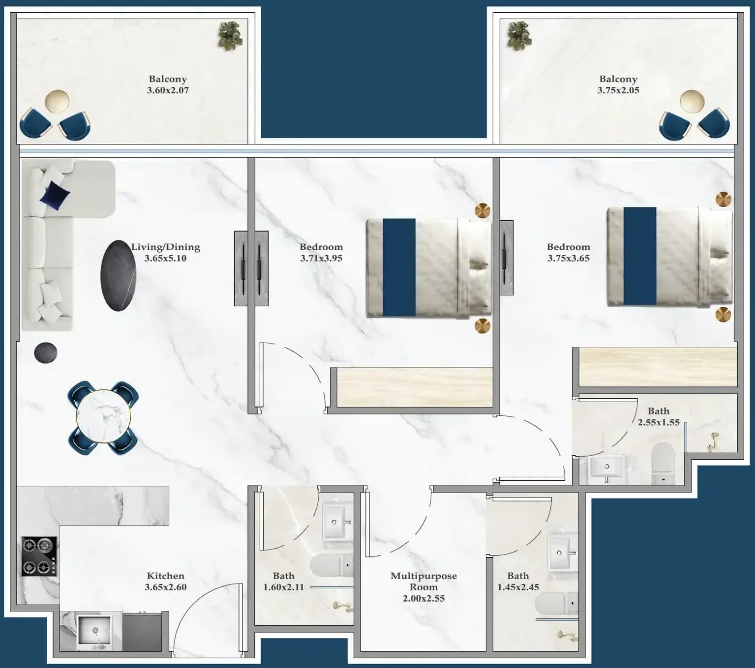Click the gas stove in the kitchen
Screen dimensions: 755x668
[39, 556]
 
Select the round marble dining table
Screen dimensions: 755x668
[103, 417]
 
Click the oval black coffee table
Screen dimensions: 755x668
[118, 276]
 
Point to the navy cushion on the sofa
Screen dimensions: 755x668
[55, 196]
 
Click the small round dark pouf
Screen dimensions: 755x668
[45, 352]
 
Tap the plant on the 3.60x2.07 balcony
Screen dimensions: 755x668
[230, 35]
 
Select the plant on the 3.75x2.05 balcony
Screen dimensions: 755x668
[519, 35]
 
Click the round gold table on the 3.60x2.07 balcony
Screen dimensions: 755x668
[57, 101]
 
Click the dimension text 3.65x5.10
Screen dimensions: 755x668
[165, 258]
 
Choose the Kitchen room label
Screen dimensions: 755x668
[165, 576]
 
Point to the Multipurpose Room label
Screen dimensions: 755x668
[423, 581]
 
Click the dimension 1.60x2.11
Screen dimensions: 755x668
[284, 587]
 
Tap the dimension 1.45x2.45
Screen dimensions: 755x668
[518, 587]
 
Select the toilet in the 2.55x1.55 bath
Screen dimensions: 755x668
[663, 463]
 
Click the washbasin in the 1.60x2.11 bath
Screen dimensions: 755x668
[337, 522]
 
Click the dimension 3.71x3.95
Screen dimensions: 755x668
[321, 258]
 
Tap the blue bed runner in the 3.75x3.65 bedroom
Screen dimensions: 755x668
[640, 256]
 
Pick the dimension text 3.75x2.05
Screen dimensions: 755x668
[618, 90]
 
